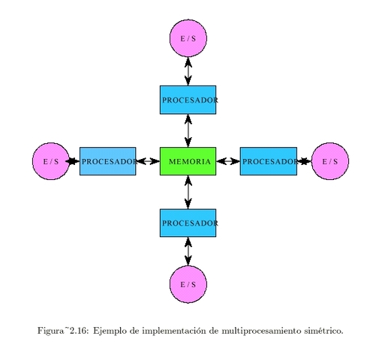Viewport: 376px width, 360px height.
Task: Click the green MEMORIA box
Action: [x=188, y=161]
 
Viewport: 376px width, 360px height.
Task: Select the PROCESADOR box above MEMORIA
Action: [x=188, y=100]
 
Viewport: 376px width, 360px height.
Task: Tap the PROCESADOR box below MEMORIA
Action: [x=188, y=223]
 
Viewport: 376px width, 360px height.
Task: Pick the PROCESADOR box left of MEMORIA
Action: [x=107, y=161]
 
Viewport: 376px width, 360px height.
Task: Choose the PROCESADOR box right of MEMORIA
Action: [x=268, y=161]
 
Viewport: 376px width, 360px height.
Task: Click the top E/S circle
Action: [x=188, y=38]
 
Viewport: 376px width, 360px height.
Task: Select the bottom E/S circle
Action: [x=188, y=284]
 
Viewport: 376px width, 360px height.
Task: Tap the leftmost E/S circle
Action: [x=51, y=161]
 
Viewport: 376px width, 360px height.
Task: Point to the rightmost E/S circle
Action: [x=330, y=161]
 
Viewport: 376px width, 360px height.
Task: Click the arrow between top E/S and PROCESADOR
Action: [x=188, y=71]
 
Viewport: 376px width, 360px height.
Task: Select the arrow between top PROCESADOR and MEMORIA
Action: [x=188, y=130]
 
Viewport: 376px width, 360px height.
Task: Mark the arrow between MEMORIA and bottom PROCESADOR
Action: [x=188, y=192]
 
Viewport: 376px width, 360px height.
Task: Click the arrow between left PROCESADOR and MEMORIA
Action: [x=148, y=161]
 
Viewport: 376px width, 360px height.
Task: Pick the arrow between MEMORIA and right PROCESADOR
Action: [x=228, y=161]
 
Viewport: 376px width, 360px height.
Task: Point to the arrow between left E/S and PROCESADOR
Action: [x=74, y=161]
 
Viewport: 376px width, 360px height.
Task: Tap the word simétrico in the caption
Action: [x=323, y=330]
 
